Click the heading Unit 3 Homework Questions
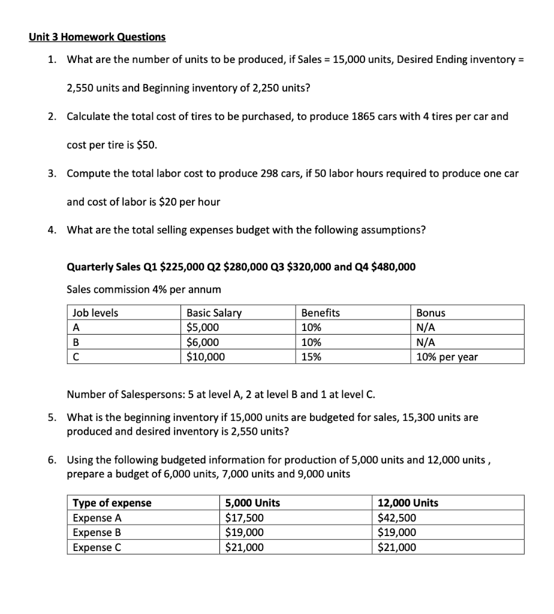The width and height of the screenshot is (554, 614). [97, 37]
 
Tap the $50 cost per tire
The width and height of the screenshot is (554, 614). [147, 145]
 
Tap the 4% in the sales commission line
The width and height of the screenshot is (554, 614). [161, 290]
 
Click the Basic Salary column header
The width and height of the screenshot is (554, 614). [214, 313]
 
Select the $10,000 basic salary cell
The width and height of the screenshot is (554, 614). [206, 357]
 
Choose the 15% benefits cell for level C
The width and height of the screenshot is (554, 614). [311, 357]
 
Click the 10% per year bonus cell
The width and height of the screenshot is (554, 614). [447, 357]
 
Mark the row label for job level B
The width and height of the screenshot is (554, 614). [76, 342]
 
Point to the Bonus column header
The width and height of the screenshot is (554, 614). [430, 313]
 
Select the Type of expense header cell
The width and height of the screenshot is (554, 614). [112, 503]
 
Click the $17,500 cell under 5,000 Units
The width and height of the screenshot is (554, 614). [244, 518]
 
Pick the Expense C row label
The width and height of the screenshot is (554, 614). [97, 547]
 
